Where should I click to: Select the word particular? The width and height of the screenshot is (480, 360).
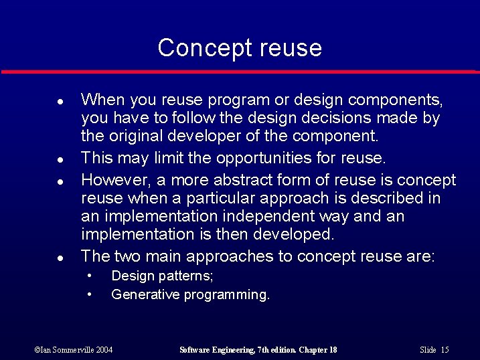218,198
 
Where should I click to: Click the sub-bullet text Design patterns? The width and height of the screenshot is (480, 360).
162,276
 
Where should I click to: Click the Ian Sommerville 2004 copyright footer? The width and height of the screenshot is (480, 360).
74,350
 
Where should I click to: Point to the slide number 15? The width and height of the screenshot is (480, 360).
445,350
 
